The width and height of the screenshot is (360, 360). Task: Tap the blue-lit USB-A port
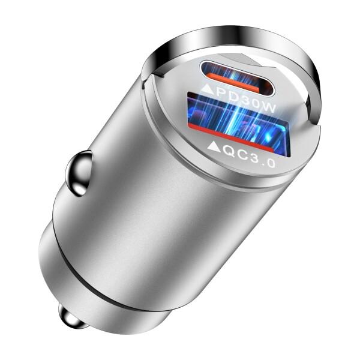(x=236, y=118)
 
